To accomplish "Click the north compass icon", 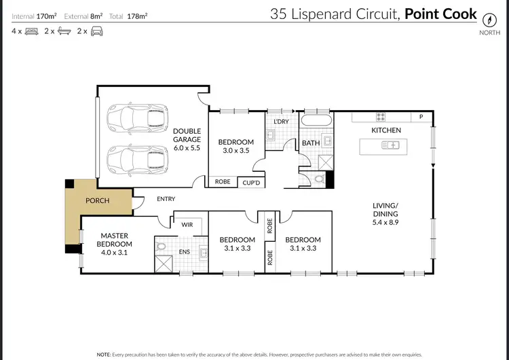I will tap(485, 18).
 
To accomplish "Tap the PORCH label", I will tap(97, 201).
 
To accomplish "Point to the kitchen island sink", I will tap(392, 145).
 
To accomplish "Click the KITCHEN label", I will tap(385, 130).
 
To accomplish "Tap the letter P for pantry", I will tap(421, 117).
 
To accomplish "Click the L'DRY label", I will tap(281, 122).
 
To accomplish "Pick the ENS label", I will tap(184, 252).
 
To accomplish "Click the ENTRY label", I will tap(166, 199).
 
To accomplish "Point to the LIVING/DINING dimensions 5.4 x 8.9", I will tap(389, 222).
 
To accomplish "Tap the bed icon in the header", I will tap(31, 31).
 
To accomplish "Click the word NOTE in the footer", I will tap(105, 355).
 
